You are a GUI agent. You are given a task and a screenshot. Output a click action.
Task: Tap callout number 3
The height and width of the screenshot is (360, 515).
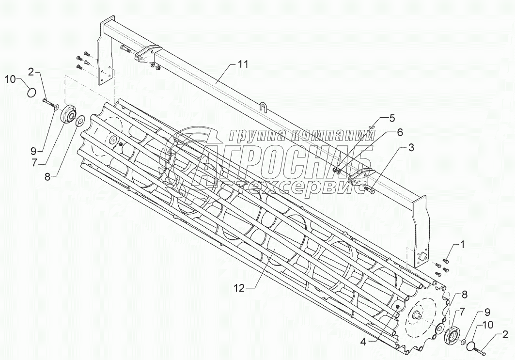410,148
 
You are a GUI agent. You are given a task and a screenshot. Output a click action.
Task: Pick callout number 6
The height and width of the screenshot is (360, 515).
400,132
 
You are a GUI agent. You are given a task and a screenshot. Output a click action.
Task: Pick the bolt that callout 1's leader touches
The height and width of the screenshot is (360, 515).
446,262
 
